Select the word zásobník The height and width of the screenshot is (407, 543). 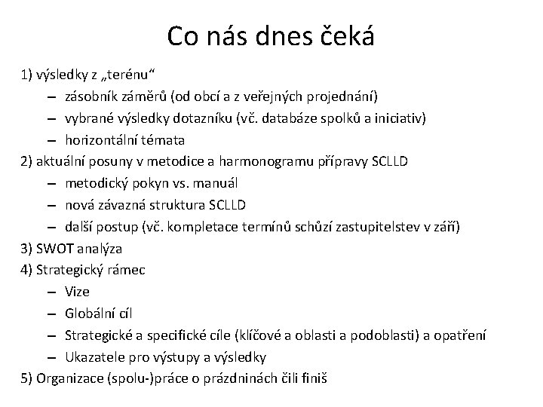pos(90,97)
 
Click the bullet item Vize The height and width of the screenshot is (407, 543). pos(78,291)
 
